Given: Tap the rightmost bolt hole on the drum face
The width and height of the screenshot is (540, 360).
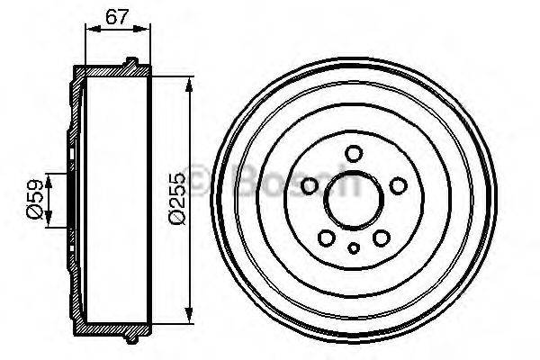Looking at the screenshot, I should tap(397, 185).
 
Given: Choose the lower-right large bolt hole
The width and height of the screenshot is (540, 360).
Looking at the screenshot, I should tap(381, 237).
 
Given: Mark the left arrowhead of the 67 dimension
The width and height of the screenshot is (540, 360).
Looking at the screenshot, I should tap(88, 28).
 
